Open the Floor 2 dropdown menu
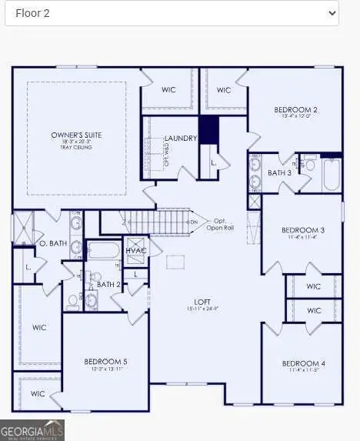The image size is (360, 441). pos(171,13)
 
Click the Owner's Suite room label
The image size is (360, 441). pos(76,135)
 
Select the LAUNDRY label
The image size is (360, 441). pos(182,139)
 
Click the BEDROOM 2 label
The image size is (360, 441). pos(296,110)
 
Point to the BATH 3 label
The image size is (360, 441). pos(280,173)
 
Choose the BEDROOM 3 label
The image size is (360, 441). pos(303,230)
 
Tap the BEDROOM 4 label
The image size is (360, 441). pos(303,363)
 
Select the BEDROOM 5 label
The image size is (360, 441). pos(105,361)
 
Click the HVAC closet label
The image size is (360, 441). pos(136,251)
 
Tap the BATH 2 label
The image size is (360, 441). pos(108,285)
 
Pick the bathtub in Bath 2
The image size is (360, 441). pos(102,249)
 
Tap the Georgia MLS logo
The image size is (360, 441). pos(32,429)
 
